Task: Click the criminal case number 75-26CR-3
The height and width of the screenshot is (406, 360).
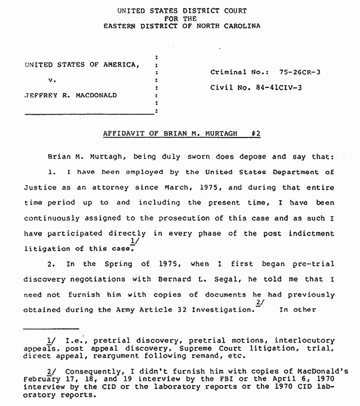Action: click(300, 72)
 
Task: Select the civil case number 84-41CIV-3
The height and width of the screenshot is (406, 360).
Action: click(279, 88)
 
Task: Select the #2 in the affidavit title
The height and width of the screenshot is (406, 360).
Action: click(256, 133)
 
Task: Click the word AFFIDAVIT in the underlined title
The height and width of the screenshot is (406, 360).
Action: click(122, 133)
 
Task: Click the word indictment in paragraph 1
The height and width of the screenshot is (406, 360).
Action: click(311, 233)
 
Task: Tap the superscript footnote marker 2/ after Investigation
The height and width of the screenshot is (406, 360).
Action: click(259, 303)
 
